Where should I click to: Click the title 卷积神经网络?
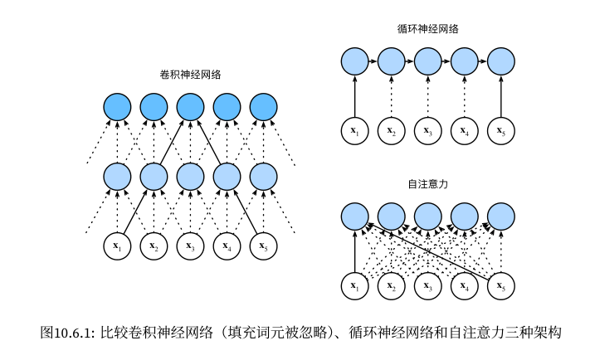point(190,75)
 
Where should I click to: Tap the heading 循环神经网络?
point(428,28)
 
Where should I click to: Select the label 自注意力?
point(428,184)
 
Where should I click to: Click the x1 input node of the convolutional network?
point(117,246)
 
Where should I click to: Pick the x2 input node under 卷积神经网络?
point(154,246)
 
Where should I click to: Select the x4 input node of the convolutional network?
point(227,246)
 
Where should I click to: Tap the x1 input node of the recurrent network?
point(354,130)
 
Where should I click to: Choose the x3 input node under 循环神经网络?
point(427,130)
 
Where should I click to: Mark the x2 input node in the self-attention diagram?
point(391,286)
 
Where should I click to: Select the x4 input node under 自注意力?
point(464,286)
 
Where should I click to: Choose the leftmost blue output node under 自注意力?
point(354,216)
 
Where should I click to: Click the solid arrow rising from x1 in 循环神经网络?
point(354,95)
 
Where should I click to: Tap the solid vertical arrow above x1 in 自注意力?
point(354,251)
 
